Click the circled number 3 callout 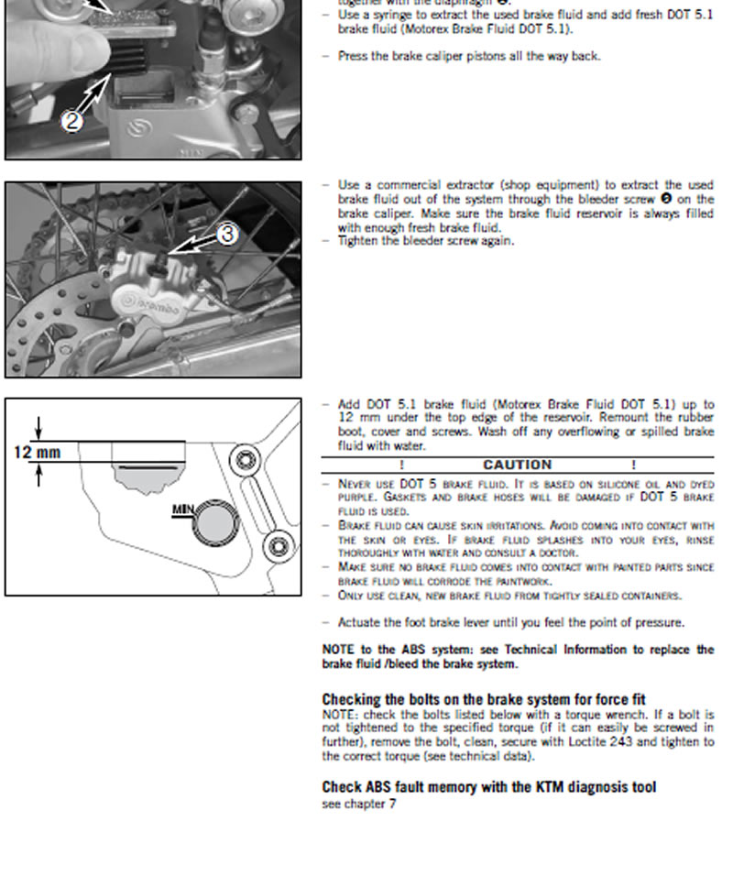226,235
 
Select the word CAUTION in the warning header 517,465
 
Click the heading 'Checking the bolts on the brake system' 484,699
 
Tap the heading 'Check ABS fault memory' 488,786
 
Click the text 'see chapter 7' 359,804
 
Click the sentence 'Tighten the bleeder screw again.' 426,241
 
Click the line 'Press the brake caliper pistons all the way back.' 469,56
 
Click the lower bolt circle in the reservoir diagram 276,548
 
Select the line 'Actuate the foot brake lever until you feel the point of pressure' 511,622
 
